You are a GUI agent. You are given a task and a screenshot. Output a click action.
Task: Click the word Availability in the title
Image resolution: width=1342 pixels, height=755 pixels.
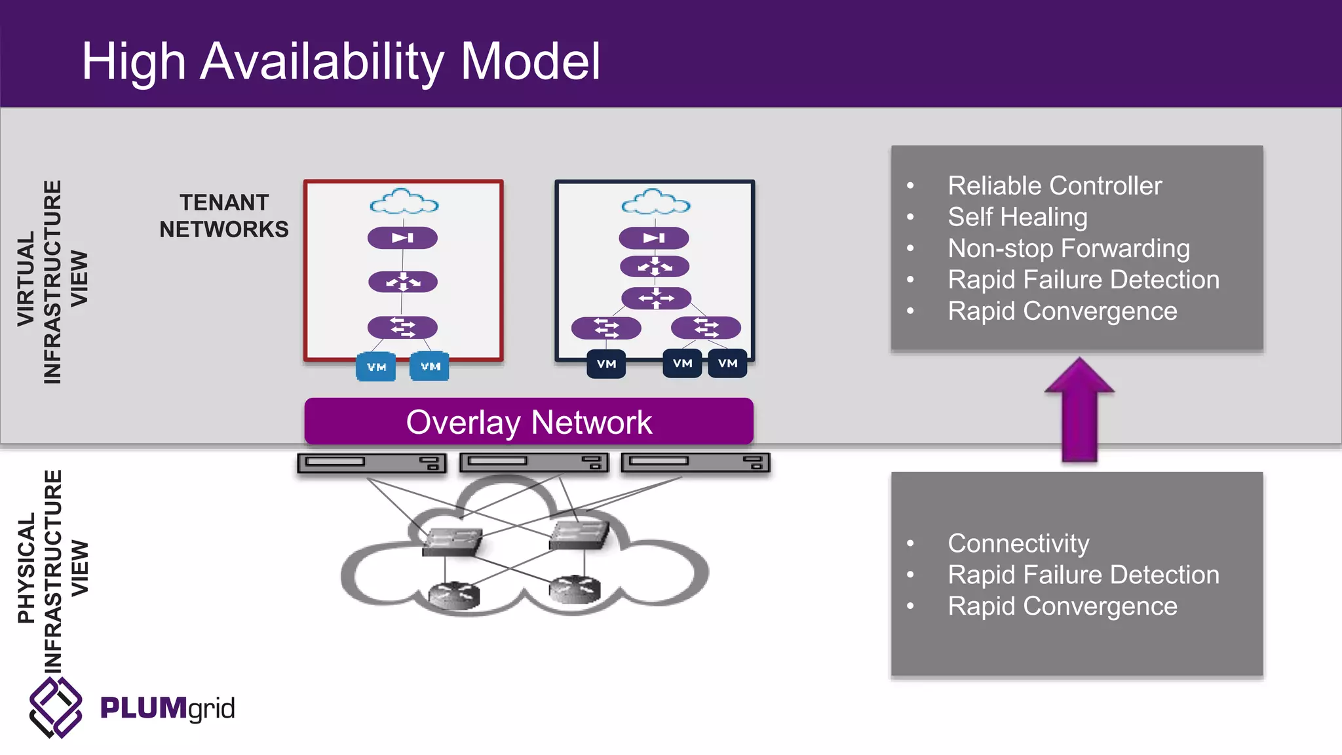pos(322,62)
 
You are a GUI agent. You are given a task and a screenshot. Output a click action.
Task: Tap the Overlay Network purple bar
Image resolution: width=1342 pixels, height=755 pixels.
pos(529,421)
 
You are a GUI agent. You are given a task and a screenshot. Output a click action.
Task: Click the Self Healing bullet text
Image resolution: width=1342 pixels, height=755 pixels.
pos(1017,217)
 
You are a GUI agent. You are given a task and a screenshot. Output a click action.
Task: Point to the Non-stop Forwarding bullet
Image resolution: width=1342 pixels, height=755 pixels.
pos(1068,248)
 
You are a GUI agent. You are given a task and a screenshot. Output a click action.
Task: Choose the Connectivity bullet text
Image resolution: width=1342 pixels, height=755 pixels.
pos(1018,543)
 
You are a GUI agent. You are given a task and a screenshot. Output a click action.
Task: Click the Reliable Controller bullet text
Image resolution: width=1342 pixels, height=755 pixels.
pos(1054,186)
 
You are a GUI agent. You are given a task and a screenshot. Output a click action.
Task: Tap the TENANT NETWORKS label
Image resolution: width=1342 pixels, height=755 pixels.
pos(224,216)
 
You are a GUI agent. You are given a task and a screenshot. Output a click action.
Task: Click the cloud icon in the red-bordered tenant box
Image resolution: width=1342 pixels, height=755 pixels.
pos(404,202)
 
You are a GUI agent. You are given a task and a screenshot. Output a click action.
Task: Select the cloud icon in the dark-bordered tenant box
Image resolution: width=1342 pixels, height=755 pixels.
pos(655,202)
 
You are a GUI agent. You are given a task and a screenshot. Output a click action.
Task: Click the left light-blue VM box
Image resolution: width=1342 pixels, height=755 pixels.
pos(376,366)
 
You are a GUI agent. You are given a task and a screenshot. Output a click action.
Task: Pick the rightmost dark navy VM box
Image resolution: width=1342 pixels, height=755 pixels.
pos(727,363)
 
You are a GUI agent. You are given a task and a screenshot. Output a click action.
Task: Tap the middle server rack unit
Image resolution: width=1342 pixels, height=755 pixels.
pos(533,463)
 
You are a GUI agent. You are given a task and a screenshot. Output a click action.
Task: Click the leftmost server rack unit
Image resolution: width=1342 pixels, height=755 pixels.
pos(372,463)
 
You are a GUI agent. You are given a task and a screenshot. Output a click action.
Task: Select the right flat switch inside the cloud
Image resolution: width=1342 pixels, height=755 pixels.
pos(579,534)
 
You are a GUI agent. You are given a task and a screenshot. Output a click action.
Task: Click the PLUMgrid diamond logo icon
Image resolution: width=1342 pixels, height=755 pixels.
pos(56,708)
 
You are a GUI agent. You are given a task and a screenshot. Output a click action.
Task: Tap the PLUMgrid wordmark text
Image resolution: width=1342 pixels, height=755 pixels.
pos(167,708)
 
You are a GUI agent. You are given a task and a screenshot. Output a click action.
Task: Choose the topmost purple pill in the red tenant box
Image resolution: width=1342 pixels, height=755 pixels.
pos(402,238)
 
